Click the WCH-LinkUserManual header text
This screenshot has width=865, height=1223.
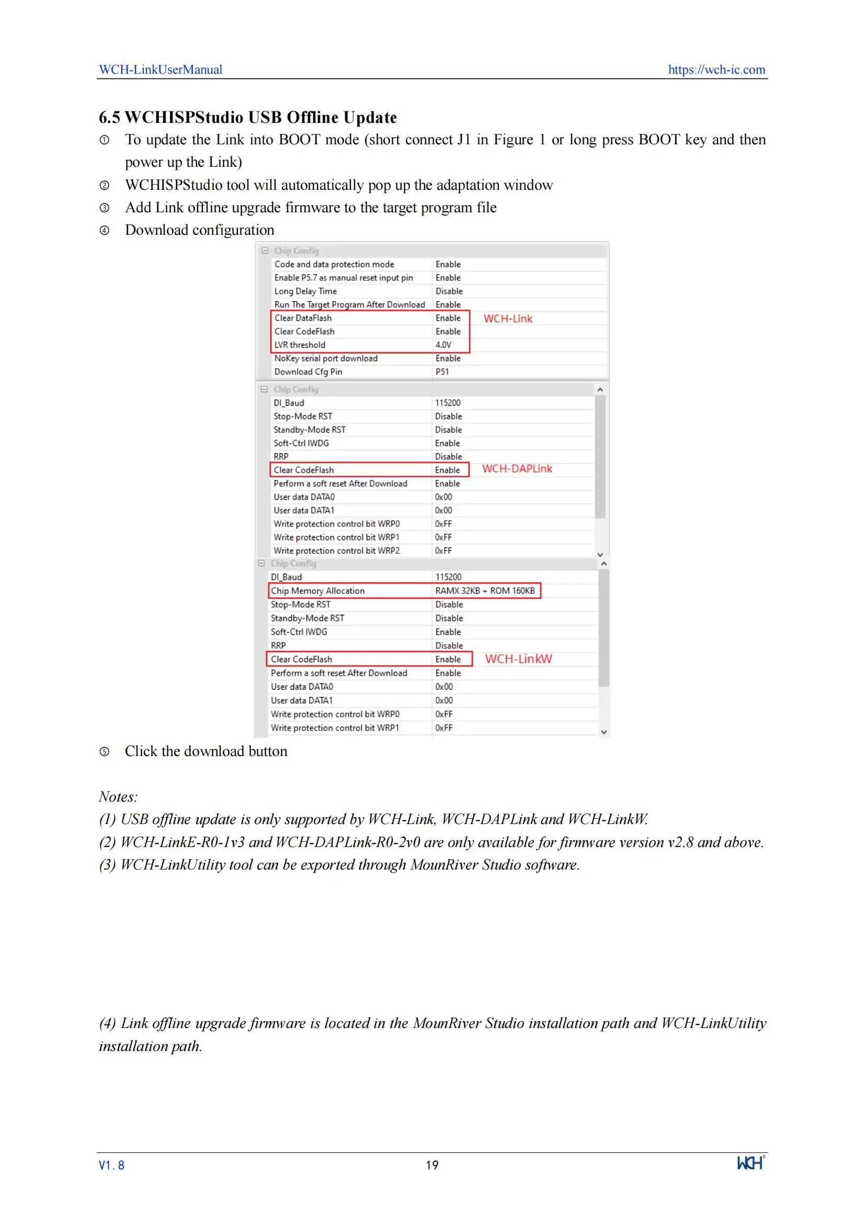point(161,70)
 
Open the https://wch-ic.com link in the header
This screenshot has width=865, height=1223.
point(716,70)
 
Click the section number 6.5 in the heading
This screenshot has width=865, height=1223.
point(109,118)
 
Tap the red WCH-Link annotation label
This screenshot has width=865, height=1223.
point(508,318)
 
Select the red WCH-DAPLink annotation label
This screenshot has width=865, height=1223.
point(517,468)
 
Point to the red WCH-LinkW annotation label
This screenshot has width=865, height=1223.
point(518,659)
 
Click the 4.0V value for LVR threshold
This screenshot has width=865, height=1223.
point(443,345)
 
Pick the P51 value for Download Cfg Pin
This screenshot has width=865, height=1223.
point(442,372)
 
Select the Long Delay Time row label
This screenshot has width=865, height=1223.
point(305,291)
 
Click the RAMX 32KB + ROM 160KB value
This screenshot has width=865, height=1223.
point(485,591)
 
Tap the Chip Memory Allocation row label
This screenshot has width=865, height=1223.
point(317,591)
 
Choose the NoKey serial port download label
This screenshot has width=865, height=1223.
point(325,359)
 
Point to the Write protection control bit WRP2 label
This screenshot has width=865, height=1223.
point(336,551)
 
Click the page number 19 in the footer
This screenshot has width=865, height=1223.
point(432,1165)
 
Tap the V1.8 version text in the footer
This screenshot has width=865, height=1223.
point(111,1165)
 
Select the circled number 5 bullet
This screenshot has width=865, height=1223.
point(105,751)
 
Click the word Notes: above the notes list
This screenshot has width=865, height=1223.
point(118,797)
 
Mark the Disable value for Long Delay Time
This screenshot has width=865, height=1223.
point(449,291)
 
